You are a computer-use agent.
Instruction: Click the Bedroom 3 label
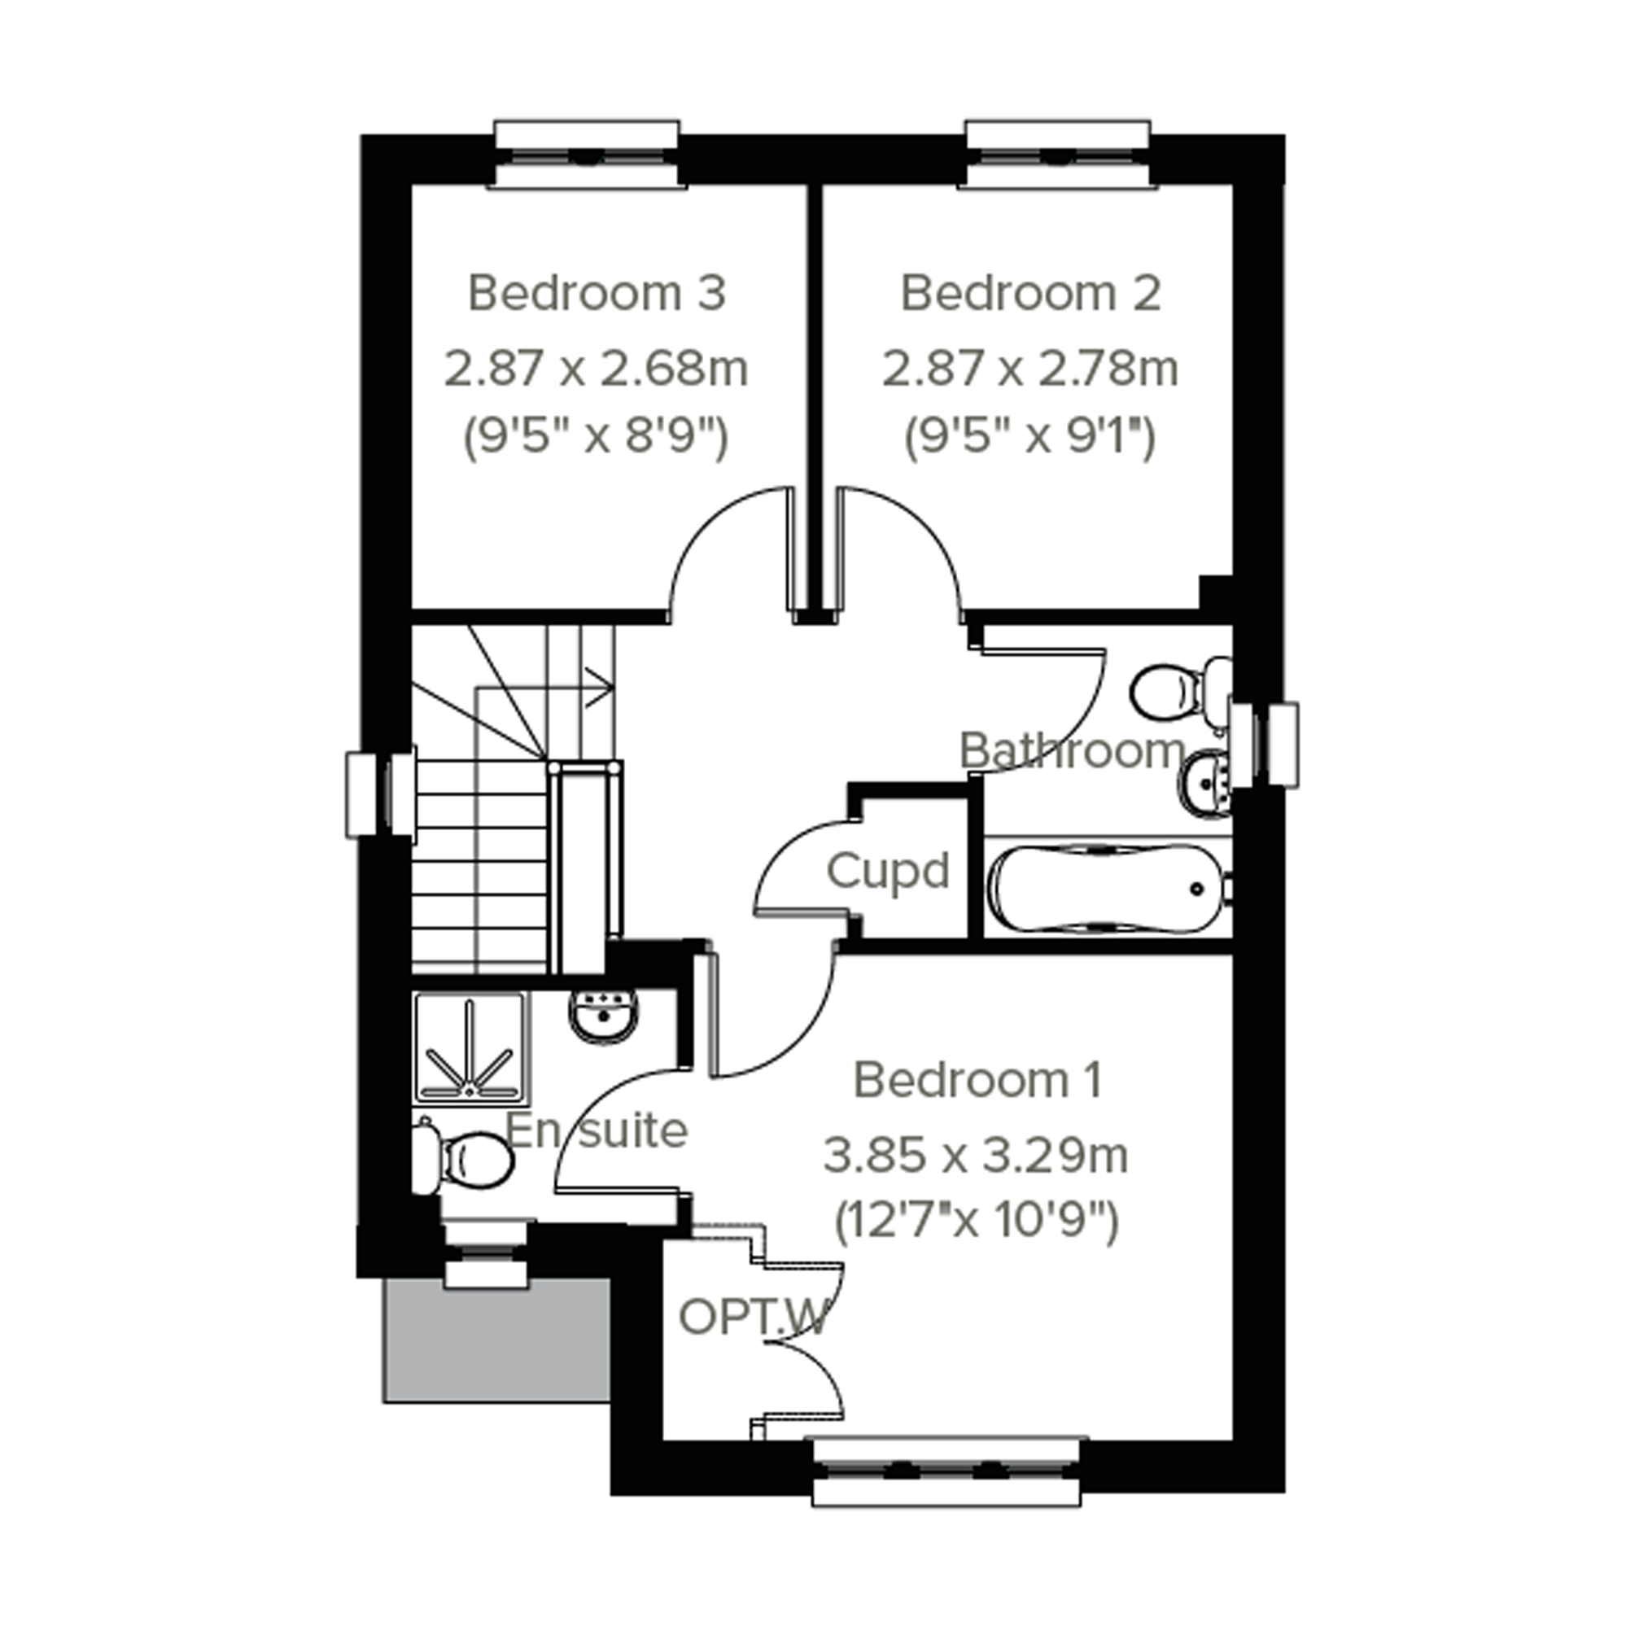(597, 294)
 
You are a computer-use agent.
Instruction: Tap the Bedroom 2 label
(1030, 294)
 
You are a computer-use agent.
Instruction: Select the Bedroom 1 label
(977, 1080)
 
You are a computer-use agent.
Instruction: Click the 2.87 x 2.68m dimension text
(597, 369)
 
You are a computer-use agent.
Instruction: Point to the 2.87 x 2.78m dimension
(1030, 369)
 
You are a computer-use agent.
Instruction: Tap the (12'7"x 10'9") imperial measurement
(976, 1222)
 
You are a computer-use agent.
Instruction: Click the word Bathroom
(1073, 750)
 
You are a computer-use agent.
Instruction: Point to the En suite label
(597, 1130)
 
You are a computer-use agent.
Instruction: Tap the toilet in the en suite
(463, 1158)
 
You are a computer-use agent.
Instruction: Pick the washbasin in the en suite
(604, 1016)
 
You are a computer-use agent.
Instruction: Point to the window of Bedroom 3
(588, 155)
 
